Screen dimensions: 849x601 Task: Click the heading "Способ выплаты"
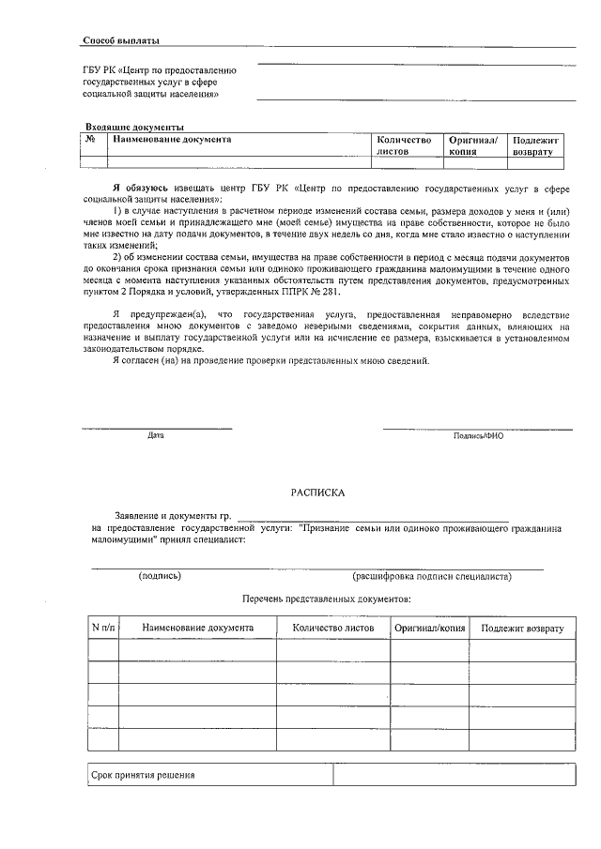[x=121, y=41]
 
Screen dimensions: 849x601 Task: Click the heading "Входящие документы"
[x=134, y=127]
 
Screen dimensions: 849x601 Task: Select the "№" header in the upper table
[x=91, y=140]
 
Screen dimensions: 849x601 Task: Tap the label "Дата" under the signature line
[x=156, y=436]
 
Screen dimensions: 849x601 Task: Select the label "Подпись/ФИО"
[x=478, y=436]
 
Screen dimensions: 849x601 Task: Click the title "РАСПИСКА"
[x=317, y=492]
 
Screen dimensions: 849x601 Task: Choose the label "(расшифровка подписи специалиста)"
[x=431, y=576]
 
